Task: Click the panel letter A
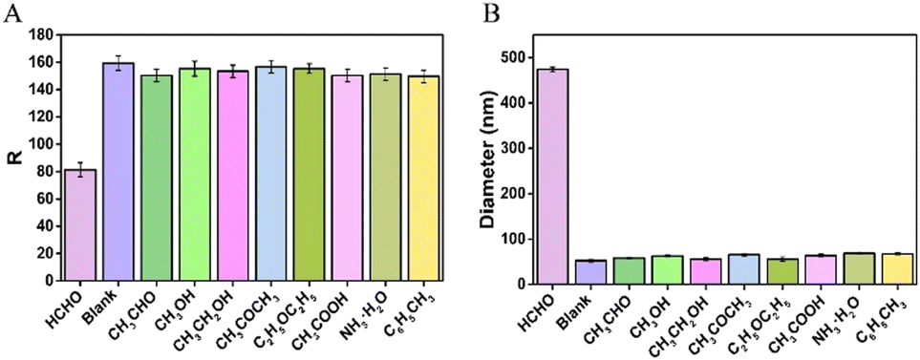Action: coord(13,13)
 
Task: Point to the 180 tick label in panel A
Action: coord(40,35)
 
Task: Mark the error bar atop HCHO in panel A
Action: coord(80,170)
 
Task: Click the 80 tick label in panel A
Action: coord(44,173)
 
